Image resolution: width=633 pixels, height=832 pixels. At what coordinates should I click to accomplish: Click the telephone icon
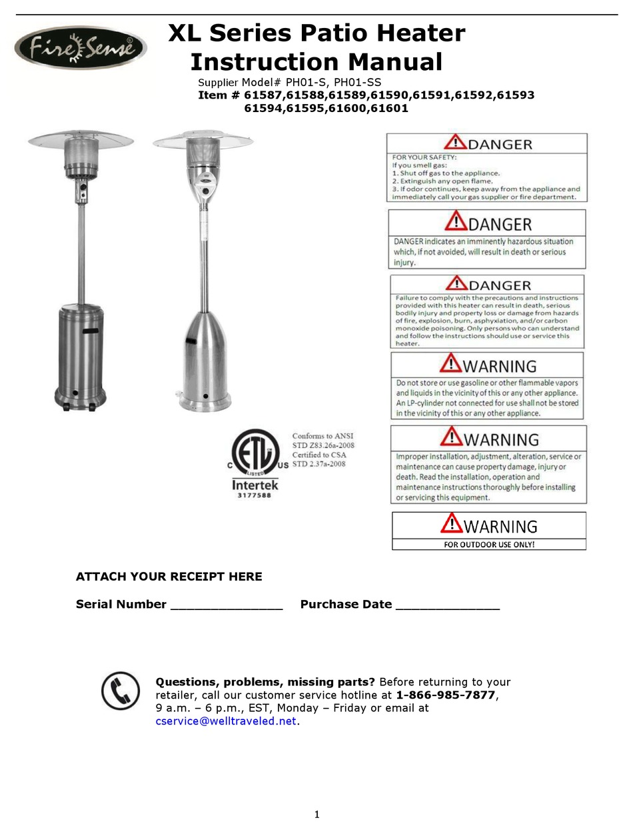click(121, 690)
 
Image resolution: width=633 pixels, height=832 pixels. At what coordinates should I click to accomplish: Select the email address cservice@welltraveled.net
click(225, 721)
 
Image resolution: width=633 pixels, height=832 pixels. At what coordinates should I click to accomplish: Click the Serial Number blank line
click(227, 605)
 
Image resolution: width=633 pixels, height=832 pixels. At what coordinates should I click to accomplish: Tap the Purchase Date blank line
click(447, 605)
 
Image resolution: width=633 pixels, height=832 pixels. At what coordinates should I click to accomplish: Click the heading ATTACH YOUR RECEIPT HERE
click(169, 577)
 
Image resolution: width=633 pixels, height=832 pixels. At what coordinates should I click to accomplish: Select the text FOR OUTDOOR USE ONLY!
click(489, 544)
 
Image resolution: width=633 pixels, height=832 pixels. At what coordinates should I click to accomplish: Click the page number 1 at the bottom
click(317, 814)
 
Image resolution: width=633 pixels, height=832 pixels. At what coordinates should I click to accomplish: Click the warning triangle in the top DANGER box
click(456, 142)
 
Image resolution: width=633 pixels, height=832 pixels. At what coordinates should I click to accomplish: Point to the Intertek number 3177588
click(255, 496)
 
